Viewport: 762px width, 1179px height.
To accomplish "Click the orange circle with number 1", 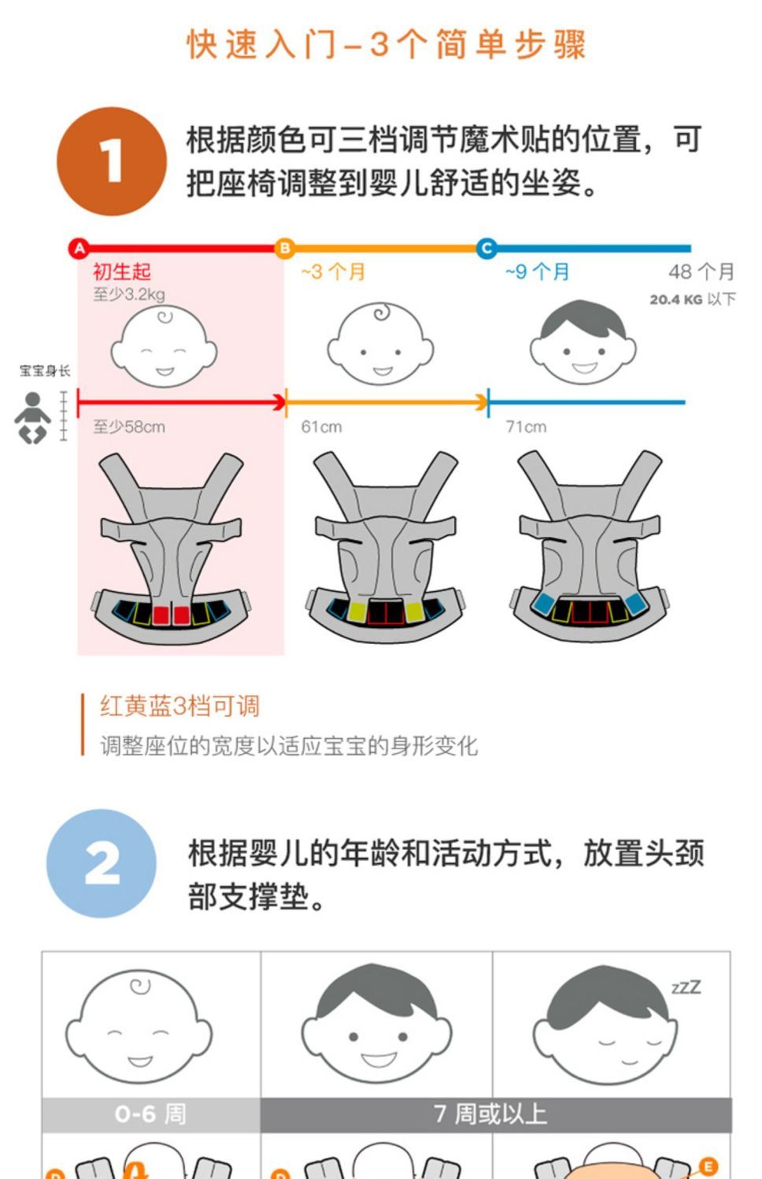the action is pos(112,161).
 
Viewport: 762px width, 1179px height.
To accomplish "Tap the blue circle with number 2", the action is pos(102,863).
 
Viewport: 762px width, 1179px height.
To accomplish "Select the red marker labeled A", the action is pos(79,249).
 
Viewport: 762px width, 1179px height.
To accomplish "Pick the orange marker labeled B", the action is pos(285,249).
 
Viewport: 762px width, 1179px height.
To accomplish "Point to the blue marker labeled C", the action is pos(486,249).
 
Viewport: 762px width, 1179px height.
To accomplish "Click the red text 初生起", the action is pos(122,272).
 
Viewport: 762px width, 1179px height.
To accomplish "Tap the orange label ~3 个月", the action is pos(333,272).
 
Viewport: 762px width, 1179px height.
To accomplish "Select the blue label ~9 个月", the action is pos(537,272).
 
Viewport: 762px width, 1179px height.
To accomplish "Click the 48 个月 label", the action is pos(701,272).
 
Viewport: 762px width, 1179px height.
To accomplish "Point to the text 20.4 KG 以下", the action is pos(693,300).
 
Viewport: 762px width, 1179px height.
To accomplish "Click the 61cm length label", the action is pos(321,427).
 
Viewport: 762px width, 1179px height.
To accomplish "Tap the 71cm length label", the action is pos(526,427).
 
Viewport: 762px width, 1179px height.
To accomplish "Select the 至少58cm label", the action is pos(129,427).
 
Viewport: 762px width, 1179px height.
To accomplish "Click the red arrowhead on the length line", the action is pos(279,403).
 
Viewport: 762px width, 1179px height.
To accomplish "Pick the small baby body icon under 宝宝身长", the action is pos(32,418).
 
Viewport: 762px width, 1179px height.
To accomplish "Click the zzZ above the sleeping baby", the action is pos(686,987).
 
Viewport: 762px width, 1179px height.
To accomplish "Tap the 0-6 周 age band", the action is pos(150,1114).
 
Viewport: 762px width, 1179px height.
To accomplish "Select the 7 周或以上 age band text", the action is pos(490,1114).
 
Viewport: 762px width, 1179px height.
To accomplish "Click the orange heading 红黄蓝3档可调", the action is pos(179,706).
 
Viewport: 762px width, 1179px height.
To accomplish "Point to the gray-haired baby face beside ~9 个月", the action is pos(583,342).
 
